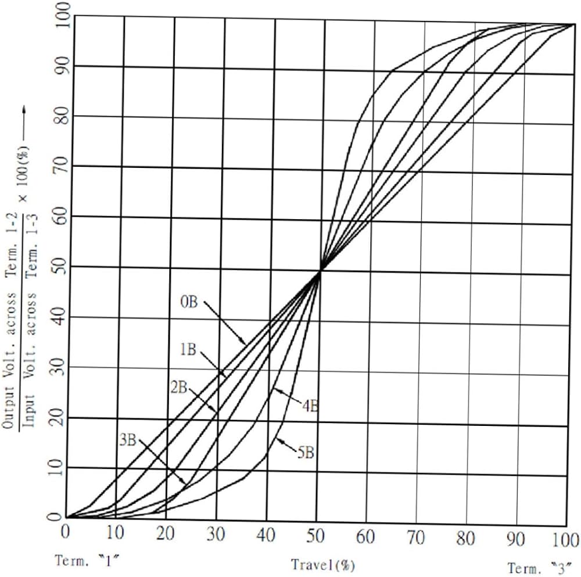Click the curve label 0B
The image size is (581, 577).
(189, 302)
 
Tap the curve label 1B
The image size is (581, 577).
(188, 349)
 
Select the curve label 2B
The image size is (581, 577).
(178, 388)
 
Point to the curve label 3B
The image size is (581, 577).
(128, 440)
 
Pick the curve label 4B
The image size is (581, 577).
(310, 406)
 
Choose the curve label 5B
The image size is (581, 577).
(306, 453)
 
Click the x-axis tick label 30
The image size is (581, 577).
(216, 535)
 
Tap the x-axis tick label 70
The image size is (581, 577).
(415, 537)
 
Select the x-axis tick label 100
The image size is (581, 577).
(566, 540)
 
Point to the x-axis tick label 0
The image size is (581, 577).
(65, 532)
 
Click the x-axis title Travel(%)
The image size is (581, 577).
(323, 565)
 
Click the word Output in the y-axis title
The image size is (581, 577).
(9, 408)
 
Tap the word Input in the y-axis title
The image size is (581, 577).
(29, 411)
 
